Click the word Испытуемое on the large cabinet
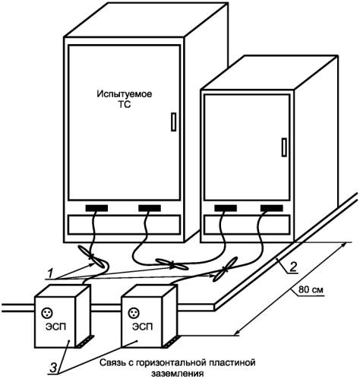pos(125,94)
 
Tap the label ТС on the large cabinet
pos(125,104)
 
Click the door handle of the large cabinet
pos(173,122)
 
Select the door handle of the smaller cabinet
pos(284,147)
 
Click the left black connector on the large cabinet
pos(96,208)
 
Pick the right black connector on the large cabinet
pos(150,208)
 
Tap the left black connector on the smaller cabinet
pos(226,208)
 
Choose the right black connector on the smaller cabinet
pos(272,208)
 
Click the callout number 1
pos(51,273)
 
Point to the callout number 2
pos(293,267)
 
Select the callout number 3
pos(53,368)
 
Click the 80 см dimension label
pos(311,289)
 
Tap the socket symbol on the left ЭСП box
pos(47,313)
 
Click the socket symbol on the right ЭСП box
pos(134,313)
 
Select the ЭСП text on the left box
pos(55,327)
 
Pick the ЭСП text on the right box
pos(143,327)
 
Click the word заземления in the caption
pos(178,374)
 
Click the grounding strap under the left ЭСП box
pos(85,341)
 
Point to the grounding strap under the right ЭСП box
pos(171,341)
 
